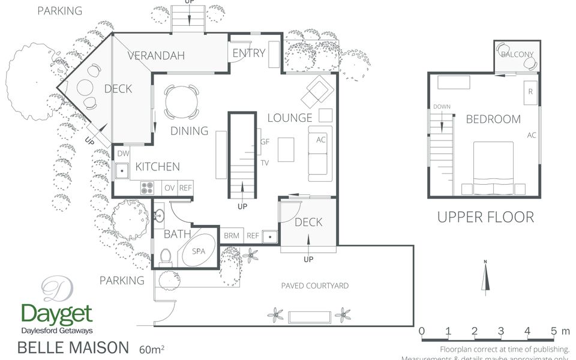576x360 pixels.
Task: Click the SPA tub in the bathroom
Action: tap(198, 253)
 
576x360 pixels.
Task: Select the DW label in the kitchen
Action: tap(123, 154)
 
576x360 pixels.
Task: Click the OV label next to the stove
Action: tap(170, 188)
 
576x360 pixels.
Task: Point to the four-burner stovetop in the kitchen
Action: tap(148, 188)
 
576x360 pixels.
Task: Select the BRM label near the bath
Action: tap(232, 236)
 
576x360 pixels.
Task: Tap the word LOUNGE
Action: tap(290, 118)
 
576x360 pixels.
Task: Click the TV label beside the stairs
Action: tap(264, 163)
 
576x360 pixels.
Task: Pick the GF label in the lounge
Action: tap(265, 142)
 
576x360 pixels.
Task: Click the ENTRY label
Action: tap(248, 53)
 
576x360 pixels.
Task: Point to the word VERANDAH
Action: tap(155, 56)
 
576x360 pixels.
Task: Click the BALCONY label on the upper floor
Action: tap(517, 55)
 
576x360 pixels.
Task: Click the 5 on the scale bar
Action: tap(553, 331)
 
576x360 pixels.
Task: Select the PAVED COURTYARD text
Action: tap(314, 286)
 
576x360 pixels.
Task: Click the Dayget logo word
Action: tap(57, 313)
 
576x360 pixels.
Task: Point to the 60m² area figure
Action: tap(152, 349)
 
